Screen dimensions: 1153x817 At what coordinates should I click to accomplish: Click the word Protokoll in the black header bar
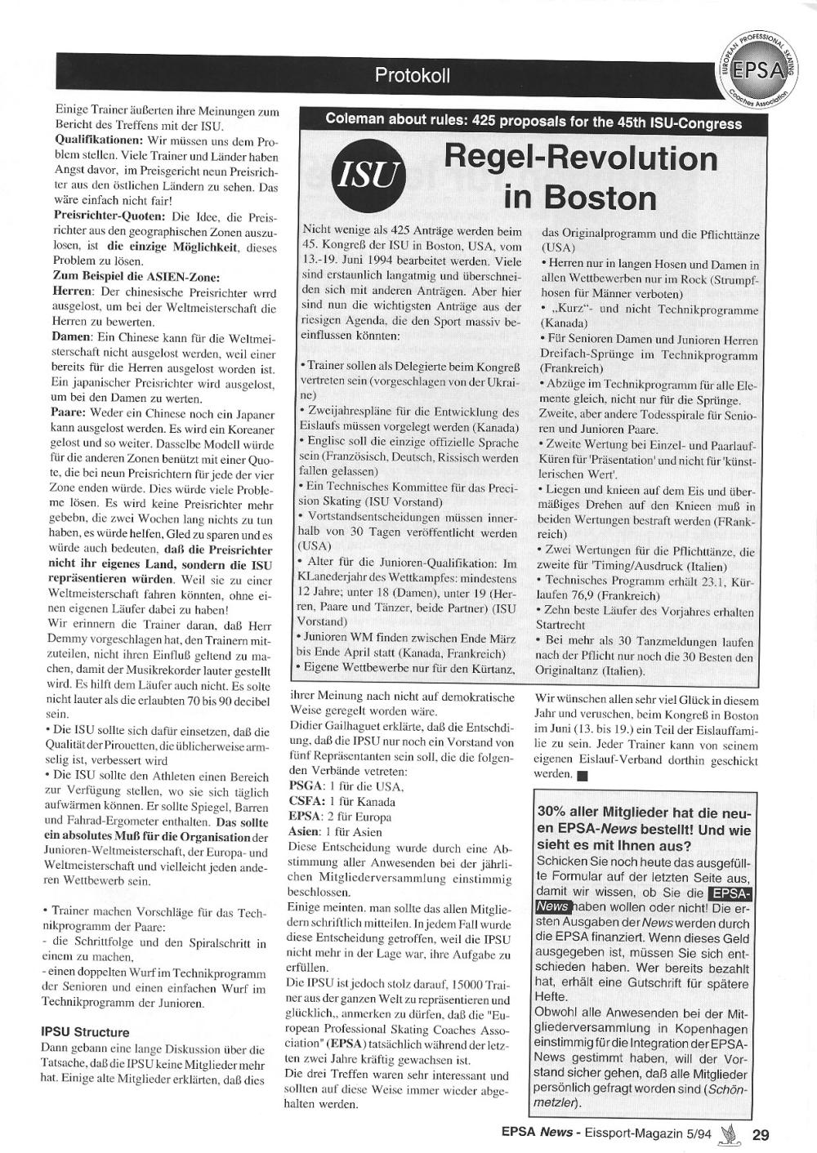(x=412, y=76)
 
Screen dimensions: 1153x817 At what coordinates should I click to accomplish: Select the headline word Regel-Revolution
(x=581, y=158)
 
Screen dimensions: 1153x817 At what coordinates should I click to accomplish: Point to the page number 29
(x=761, y=1133)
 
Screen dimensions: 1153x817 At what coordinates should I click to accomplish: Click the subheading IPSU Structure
(x=85, y=1032)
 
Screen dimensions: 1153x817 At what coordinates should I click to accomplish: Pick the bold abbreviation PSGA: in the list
(x=306, y=786)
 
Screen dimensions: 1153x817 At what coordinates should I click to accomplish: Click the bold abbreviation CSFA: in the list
(x=306, y=802)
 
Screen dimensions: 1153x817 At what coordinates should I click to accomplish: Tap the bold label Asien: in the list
(x=306, y=832)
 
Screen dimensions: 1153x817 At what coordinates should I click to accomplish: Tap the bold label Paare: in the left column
(x=69, y=413)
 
